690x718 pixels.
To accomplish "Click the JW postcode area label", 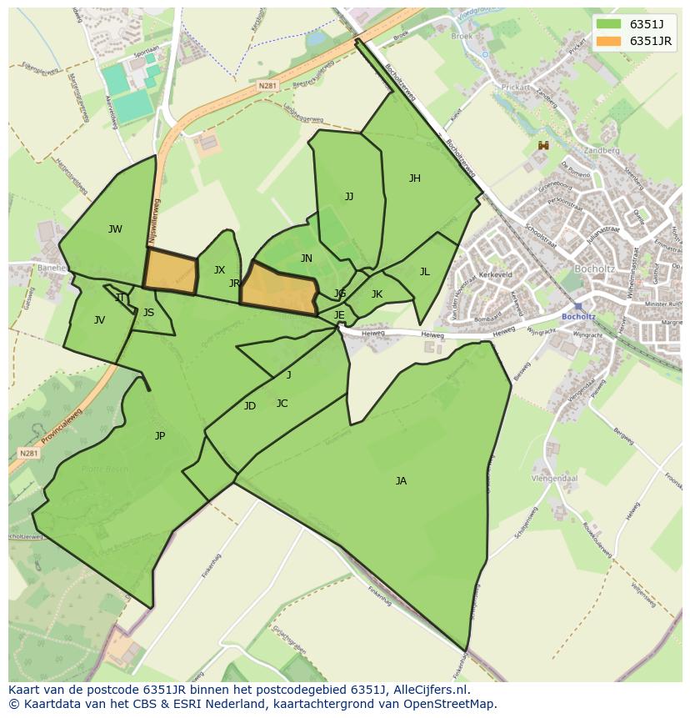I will coord(115,229).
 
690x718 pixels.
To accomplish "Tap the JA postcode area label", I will coord(401,480).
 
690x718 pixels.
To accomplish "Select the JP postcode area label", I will coord(160,435).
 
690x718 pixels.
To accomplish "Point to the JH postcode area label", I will coord(414,178).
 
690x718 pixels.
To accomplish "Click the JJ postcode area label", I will coord(349,197).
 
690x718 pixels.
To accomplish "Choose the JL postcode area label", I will coord(424,271).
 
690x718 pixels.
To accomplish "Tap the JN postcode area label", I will coord(307,259).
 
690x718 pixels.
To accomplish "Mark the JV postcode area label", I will coord(99,319).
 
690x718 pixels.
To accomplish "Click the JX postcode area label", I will coord(219,269).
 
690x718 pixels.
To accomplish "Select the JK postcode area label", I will coord(377,294).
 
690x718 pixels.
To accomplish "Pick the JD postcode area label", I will coord(250,406).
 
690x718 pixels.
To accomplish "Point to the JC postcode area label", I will coord(282,403).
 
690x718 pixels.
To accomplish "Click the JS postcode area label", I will coord(148,313).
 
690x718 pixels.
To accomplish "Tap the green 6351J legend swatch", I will coord(609,24).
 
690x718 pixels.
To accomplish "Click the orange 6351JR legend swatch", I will coord(609,41).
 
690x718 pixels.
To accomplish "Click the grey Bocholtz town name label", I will coord(596,269).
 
